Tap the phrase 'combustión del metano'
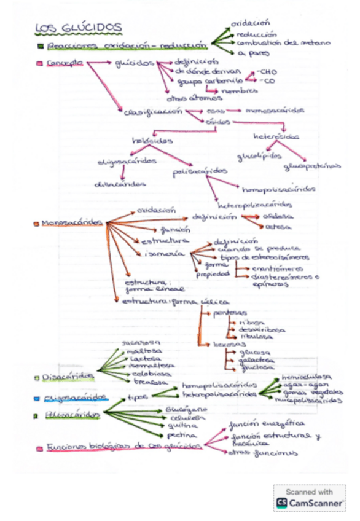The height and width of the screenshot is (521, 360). (x=284, y=43)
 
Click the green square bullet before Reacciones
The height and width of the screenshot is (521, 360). (x=41, y=46)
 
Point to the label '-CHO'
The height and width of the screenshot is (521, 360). (x=268, y=72)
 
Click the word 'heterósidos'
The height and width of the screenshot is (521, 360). (x=276, y=136)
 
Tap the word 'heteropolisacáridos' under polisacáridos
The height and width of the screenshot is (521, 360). (x=255, y=205)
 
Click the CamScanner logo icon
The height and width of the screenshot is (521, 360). (x=283, y=503)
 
